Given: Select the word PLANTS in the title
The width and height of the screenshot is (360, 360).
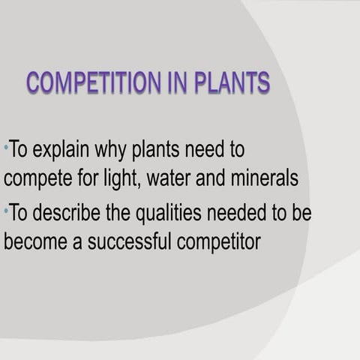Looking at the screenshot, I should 232,82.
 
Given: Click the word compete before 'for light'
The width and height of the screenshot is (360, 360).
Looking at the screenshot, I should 34,180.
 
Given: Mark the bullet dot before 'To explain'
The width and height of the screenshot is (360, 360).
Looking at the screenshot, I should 5,145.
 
